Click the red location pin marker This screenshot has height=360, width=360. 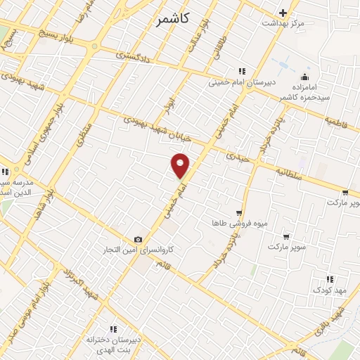181,165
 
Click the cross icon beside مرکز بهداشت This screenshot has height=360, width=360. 283,13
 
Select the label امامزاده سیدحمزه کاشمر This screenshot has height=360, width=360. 304,90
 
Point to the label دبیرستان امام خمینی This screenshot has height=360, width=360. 243,82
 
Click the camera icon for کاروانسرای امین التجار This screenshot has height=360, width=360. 138,240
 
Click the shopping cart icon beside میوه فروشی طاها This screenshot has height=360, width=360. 240,212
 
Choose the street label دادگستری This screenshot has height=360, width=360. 131,56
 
